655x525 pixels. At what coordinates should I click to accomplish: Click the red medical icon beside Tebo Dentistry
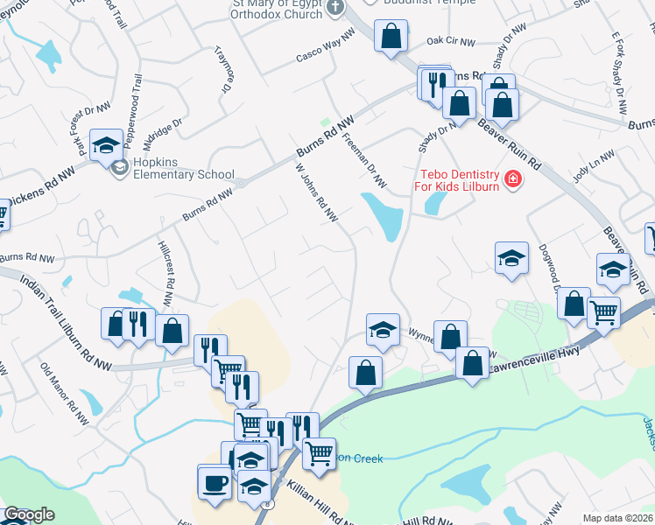click(512, 181)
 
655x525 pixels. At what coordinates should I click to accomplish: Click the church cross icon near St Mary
click(334, 8)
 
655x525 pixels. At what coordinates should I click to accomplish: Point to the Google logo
click(29, 514)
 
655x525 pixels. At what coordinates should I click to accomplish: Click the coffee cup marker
click(215, 482)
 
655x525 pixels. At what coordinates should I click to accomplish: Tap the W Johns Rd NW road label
click(316, 192)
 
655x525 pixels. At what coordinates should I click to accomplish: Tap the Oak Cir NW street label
click(450, 40)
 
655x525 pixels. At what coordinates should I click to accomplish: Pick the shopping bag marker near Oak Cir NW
click(391, 37)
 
